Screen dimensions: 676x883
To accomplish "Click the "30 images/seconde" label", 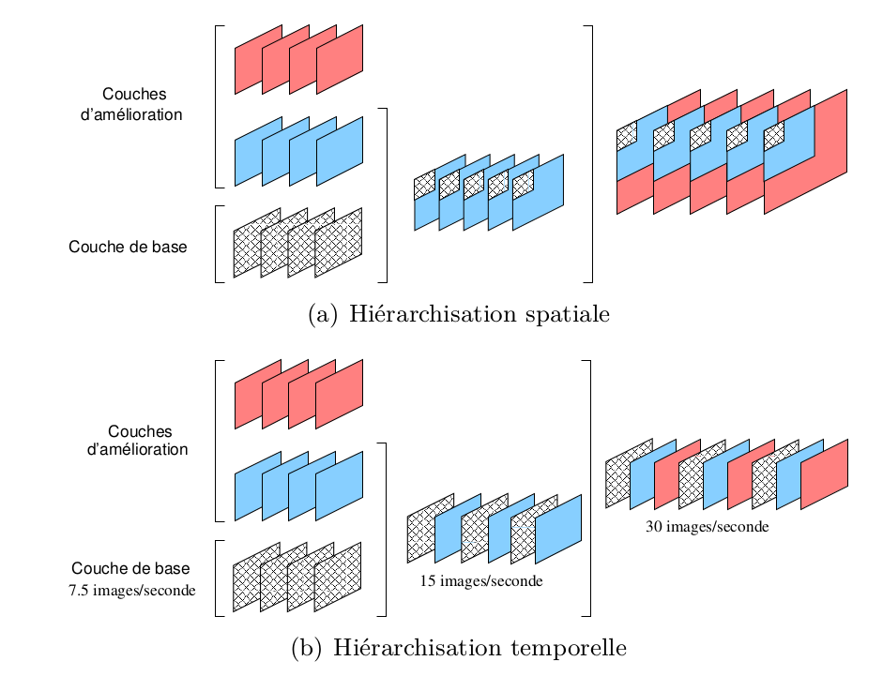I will pos(707,527).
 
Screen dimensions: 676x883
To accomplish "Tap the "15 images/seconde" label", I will pos(480,581).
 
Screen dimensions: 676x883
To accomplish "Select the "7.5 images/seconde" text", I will pos(132,591).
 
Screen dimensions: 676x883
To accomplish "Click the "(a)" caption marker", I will pos(323,314).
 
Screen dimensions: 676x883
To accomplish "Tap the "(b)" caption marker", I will pos(306,648).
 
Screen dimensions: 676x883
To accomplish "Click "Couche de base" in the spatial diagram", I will pos(128,248).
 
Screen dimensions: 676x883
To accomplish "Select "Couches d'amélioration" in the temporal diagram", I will pos(138,441).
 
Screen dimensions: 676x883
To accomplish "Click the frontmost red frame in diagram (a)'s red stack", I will pos(341,60).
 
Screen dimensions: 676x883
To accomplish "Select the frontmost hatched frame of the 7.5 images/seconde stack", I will pos(338,576).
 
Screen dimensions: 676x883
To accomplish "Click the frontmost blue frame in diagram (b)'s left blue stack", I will pos(340,486).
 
